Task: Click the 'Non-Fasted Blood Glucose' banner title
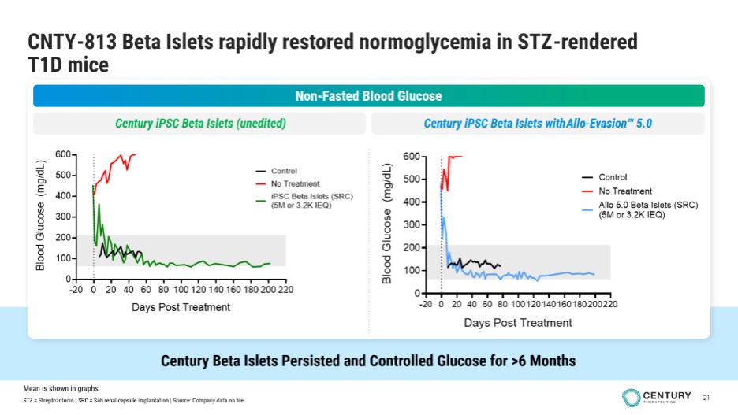(368, 96)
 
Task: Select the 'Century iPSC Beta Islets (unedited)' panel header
(199, 124)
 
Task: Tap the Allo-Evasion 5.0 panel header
(538, 124)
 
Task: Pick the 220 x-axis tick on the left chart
(285, 290)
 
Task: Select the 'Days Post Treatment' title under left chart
(181, 307)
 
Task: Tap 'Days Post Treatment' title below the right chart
(517, 322)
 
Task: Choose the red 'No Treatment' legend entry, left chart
(295, 183)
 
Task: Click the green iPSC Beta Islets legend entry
(300, 201)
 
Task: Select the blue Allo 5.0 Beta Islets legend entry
(637, 209)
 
